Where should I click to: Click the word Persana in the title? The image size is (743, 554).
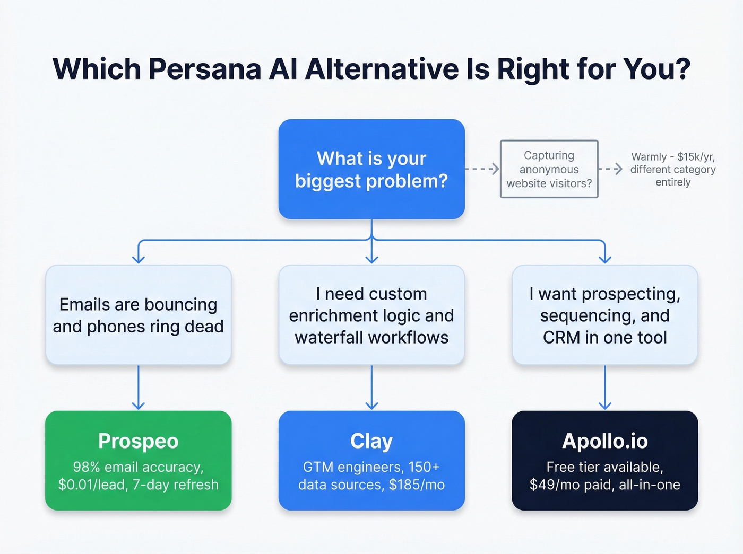click(205, 69)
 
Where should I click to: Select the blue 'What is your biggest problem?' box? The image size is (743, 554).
click(371, 169)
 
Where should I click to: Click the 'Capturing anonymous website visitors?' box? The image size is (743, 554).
click(549, 169)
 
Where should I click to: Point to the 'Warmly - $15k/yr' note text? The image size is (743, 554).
click(672, 157)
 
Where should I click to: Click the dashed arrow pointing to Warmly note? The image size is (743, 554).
click(610, 169)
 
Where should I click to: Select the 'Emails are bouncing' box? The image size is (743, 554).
click(139, 315)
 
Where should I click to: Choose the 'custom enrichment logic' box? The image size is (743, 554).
click(371, 315)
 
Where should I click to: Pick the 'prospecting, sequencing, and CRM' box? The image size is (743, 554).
click(604, 315)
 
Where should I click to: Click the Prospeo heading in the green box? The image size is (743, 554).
click(139, 441)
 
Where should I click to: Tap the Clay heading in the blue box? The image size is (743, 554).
click(371, 441)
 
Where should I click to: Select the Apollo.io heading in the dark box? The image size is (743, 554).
click(604, 441)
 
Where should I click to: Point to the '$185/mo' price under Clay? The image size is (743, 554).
click(417, 485)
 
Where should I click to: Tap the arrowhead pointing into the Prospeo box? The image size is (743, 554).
click(139, 406)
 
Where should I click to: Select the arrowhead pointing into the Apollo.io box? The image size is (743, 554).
click(604, 406)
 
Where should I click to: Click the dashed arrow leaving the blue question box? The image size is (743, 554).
click(482, 169)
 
